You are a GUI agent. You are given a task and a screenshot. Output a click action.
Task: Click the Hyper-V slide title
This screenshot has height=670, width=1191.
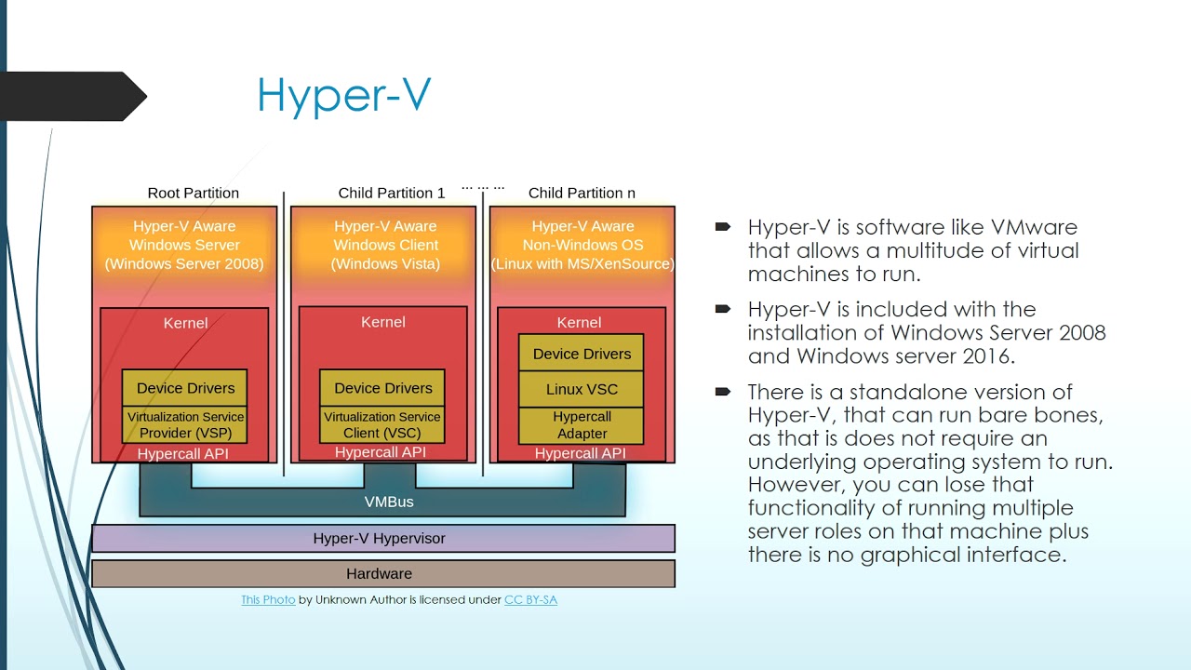pos(343,96)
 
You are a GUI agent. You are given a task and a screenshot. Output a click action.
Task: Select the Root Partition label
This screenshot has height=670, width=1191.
pos(193,193)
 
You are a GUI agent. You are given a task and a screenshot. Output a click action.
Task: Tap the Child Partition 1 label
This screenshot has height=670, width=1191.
pos(391,193)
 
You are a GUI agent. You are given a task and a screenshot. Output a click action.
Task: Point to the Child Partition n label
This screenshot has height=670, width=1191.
pos(582,193)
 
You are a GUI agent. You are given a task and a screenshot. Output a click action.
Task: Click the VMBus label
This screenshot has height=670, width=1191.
pos(388,502)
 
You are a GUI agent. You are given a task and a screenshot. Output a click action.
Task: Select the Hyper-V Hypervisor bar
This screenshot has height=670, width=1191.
pos(382,538)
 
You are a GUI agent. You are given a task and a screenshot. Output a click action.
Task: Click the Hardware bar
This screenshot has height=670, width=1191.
pos(382,573)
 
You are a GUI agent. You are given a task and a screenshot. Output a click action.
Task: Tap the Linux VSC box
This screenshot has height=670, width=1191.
pos(582,389)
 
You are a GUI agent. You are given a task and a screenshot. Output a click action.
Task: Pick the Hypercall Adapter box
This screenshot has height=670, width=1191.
pos(582,425)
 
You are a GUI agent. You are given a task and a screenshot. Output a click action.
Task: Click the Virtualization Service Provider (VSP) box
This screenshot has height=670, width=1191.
pos(185,425)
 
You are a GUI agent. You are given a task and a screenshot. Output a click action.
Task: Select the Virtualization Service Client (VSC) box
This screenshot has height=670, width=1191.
pos(382,425)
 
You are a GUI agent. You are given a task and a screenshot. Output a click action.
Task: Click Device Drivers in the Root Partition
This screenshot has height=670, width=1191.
pos(185,388)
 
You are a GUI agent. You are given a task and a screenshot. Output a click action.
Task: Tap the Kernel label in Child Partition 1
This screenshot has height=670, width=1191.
pos(382,322)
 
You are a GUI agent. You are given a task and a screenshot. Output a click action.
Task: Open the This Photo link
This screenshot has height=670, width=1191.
pos(268,600)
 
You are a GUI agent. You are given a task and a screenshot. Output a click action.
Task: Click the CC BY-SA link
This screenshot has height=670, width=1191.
pos(530,600)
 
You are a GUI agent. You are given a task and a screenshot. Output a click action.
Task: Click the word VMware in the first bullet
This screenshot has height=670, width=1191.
pos(1034,227)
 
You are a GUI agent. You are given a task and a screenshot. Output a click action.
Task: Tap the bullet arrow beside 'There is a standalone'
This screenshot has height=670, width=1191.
pos(723,392)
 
